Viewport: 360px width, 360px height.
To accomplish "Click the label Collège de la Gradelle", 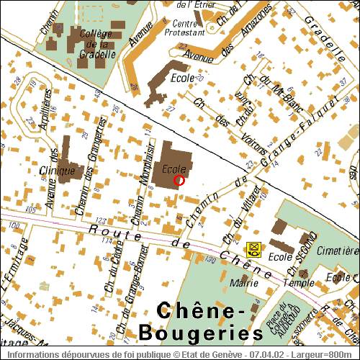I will [94, 43].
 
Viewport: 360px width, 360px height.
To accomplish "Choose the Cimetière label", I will [338, 251].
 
